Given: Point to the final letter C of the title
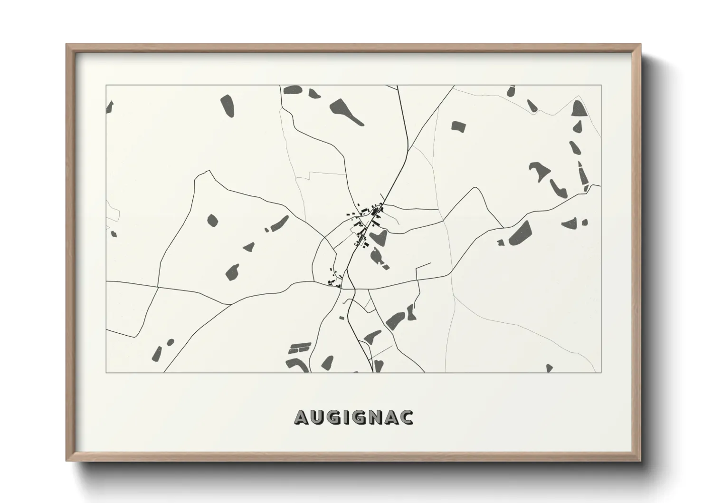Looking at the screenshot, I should (x=407, y=417).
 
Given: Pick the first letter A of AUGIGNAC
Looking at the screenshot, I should (x=303, y=417).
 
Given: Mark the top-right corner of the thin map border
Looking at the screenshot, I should (x=601, y=85).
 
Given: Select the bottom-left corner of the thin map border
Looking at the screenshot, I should (x=106, y=372).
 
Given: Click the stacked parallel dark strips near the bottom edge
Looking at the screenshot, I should (x=299, y=348).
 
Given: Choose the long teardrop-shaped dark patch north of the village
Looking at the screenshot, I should (x=346, y=111).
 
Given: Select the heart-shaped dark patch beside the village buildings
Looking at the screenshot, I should (x=377, y=237).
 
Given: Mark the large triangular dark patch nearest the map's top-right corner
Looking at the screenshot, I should (x=579, y=109).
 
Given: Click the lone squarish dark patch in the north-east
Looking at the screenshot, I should (x=458, y=126).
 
